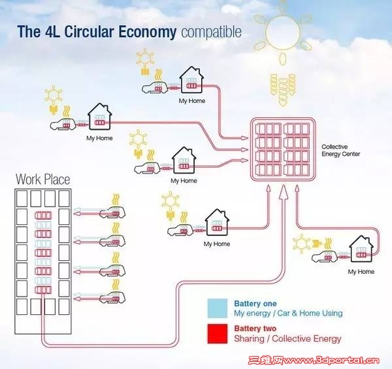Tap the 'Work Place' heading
tap(42, 179)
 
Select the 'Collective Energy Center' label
tap(340, 151)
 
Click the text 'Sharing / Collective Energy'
tap(287, 339)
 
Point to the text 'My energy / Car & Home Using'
tap(288, 314)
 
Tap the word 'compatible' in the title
tap(210, 31)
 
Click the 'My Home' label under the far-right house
tap(361, 271)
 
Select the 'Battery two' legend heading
tap(254, 329)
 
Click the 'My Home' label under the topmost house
tap(191, 102)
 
